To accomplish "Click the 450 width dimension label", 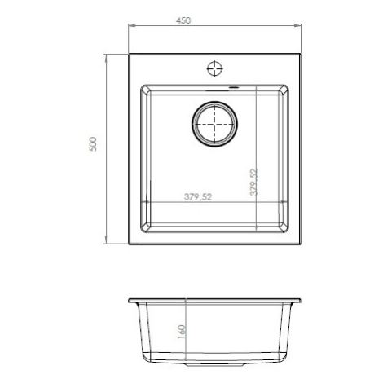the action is pos(183,20).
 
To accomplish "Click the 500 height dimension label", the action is pos(93,144).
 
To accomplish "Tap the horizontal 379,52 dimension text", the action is pos(198,196).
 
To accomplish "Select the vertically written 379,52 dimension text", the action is pos(253,182).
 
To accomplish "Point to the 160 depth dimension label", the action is pos(182,332).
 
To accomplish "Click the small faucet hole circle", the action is pos(215,68).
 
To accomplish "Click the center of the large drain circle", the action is pos(214,124).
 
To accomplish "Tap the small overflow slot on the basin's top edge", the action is pos(233,87).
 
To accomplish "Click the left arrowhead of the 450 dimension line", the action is pos(131,26).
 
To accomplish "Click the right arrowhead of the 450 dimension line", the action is pos(298,26).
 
